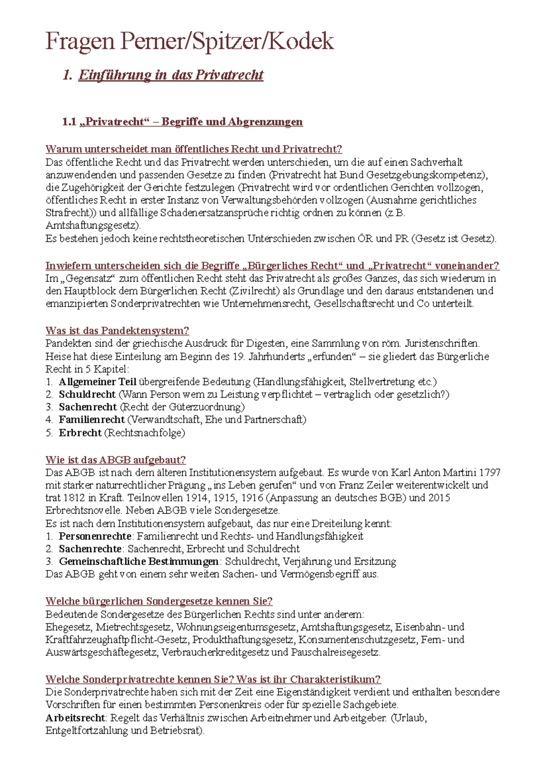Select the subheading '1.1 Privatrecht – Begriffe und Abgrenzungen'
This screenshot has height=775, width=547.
[x=182, y=122]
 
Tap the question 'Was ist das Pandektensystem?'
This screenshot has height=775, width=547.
[x=117, y=330]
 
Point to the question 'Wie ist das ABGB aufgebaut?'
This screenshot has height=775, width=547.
[x=115, y=460]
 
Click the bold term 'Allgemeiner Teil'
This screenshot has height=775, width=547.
[x=98, y=382]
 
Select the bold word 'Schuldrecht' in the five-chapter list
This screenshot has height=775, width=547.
[x=87, y=394]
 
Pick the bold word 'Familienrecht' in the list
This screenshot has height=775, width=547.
[x=92, y=419]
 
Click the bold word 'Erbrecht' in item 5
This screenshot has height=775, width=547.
[x=80, y=433]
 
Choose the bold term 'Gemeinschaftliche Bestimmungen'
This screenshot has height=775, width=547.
[x=139, y=561]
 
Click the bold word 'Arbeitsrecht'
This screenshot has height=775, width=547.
[x=75, y=717]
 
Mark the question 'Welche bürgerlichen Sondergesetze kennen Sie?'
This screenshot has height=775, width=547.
[x=159, y=601]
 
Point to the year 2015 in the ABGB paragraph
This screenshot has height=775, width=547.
[x=439, y=497]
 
